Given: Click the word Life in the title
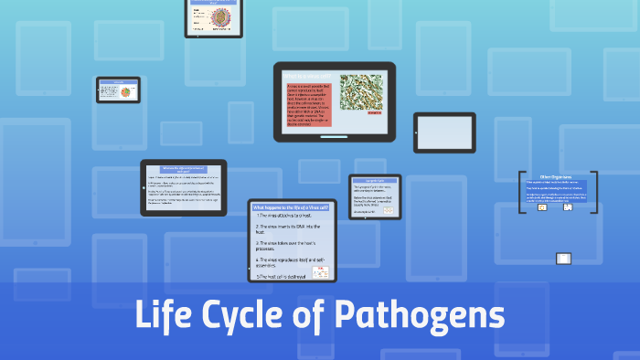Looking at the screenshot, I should tap(166, 316).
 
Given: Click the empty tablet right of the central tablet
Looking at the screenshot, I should tap(444, 133).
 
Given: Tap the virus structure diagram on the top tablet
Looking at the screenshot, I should tap(214, 17).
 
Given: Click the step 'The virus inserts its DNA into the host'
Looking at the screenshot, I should tap(291, 228).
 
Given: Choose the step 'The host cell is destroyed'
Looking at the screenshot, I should tap(283, 276).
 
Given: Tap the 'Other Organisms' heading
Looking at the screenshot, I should tap(556, 176).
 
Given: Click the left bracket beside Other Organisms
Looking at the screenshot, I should tap(521, 192).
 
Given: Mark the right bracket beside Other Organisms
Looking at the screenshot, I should tap(594, 192).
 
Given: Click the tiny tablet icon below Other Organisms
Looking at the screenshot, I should tap(564, 259).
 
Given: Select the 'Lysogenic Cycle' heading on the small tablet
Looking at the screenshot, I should tap(375, 181).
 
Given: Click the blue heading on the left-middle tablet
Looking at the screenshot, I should tap(183, 169).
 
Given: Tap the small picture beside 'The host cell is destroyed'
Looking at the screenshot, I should tap(321, 272).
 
